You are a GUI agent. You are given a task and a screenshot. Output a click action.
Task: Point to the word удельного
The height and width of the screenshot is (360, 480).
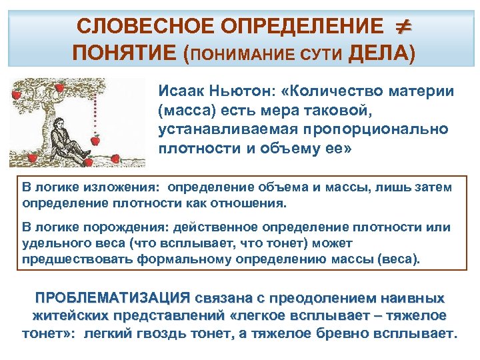[50, 243]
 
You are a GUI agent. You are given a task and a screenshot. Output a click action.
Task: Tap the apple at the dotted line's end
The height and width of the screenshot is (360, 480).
[95, 141]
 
